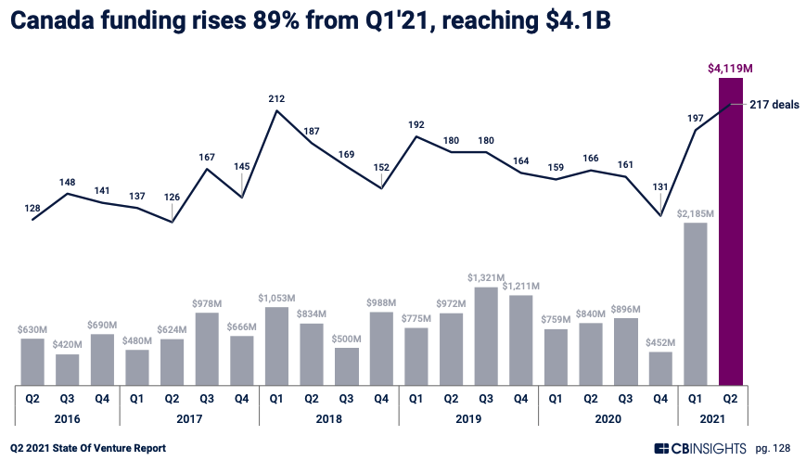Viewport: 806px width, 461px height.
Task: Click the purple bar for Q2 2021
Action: point(731,232)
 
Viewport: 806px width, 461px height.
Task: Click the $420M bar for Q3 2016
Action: point(67,369)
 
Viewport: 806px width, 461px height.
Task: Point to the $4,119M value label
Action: point(731,68)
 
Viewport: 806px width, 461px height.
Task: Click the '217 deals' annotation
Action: point(774,105)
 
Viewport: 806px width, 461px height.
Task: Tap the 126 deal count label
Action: point(173,197)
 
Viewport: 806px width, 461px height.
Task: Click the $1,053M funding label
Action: point(276,298)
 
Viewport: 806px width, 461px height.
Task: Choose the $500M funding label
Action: point(346,339)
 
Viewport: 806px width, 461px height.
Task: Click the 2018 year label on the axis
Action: point(328,418)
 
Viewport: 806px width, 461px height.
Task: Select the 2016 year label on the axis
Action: point(67,418)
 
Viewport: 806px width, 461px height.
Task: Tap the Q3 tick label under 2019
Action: point(486,399)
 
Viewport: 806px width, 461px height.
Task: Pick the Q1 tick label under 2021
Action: point(696,399)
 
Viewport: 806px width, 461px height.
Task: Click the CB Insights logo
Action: point(699,449)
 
